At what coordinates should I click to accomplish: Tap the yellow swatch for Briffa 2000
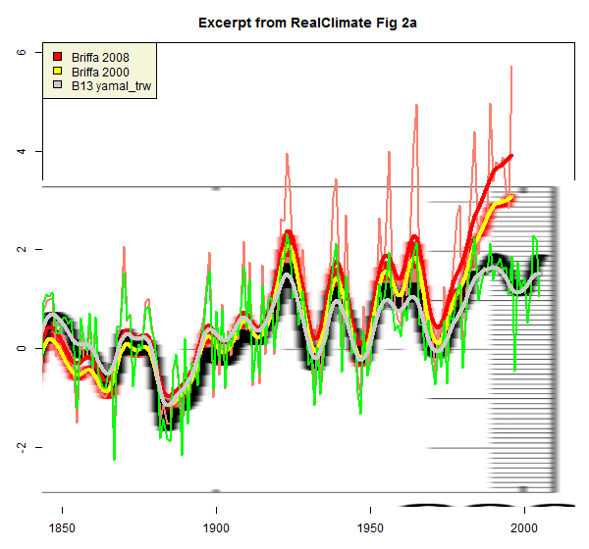tap(58, 72)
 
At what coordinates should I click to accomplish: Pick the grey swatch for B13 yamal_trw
tap(58, 87)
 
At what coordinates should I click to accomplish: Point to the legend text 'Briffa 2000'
tap(100, 72)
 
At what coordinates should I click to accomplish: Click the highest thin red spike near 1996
tap(511, 67)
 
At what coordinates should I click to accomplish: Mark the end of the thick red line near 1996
tap(511, 155)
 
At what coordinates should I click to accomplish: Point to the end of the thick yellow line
tap(513, 197)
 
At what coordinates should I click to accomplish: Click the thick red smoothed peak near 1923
tap(287, 233)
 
